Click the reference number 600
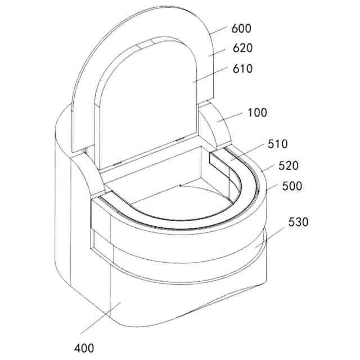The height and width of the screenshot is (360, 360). coord(241,29)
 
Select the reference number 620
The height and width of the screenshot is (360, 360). coord(242,48)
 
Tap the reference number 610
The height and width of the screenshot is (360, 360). coord(242,69)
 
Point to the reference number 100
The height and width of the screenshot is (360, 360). coord(257,112)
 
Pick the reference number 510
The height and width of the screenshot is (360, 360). coord(277,144)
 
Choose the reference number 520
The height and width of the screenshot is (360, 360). coord(289,165)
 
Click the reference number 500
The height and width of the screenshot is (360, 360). coord(292,186)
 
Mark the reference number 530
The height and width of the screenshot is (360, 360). coord(298,222)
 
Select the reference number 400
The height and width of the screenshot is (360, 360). coord(84,348)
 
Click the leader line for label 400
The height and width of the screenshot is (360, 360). coord(101,318)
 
